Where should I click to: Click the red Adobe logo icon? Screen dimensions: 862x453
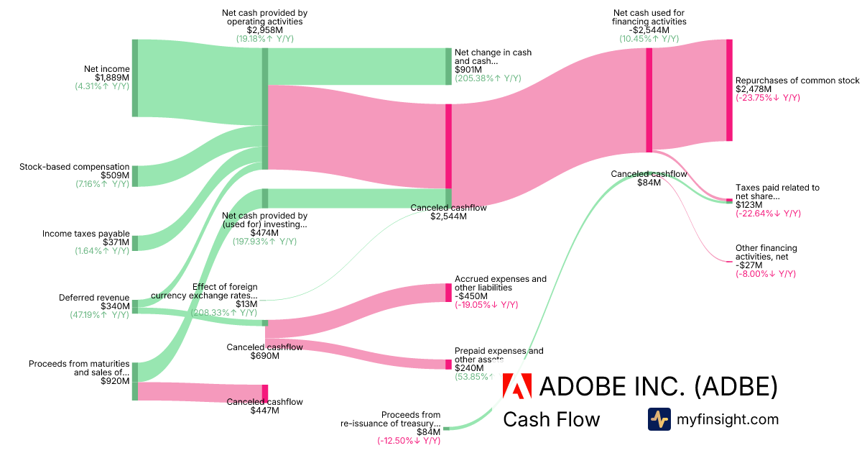pyautogui.click(x=517, y=386)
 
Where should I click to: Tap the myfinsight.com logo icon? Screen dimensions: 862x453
pyautogui.click(x=659, y=419)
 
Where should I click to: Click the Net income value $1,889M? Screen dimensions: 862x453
pyautogui.click(x=112, y=78)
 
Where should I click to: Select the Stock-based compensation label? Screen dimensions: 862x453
pyautogui.click(x=74, y=167)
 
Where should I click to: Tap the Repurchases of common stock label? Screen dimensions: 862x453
pyautogui.click(x=797, y=81)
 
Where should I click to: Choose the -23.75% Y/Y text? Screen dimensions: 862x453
pyautogui.click(x=767, y=98)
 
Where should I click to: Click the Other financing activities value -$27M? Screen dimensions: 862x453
pyautogui.click(x=748, y=265)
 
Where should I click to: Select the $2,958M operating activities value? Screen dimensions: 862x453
pyautogui.click(x=265, y=30)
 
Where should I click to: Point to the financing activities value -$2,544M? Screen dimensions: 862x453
pyautogui.click(x=649, y=30)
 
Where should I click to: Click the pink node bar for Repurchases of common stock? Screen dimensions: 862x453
pyautogui.click(x=729, y=90)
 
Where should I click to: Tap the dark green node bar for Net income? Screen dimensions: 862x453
pyautogui.click(x=134, y=78)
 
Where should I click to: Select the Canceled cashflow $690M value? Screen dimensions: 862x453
pyautogui.click(x=264, y=355)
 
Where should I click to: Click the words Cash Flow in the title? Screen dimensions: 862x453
pyautogui.click(x=551, y=419)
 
